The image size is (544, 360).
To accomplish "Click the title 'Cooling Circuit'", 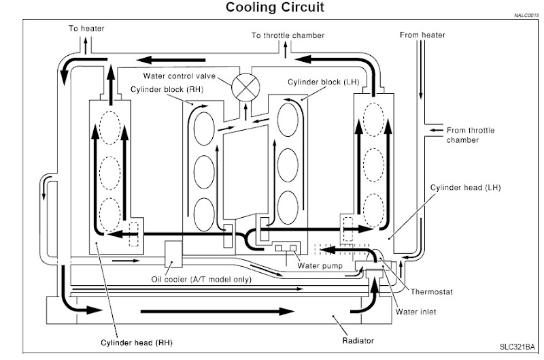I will pos(270,8).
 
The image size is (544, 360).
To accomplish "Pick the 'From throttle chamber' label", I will pos(469,134).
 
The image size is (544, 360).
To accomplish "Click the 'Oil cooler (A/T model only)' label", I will pos(201,279).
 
